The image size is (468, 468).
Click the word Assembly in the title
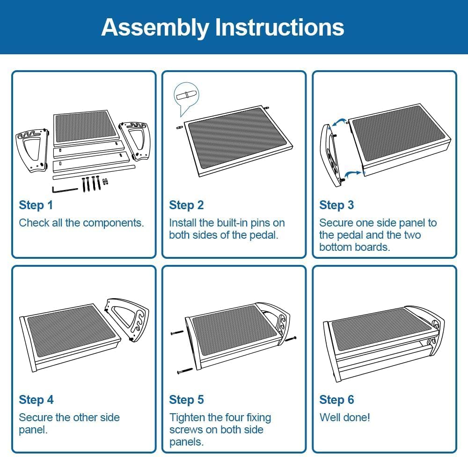[155, 28]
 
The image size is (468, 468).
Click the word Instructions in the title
[280, 27]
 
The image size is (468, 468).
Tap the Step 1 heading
[36, 205]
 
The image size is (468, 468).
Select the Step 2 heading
[186, 205]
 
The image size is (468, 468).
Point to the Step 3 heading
[336, 205]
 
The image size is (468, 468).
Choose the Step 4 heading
[36, 400]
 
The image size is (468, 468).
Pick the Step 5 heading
[186, 400]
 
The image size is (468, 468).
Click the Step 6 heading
[336, 400]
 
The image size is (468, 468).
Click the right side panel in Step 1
[135, 139]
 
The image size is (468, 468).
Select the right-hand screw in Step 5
[291, 339]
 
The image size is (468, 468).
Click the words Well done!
[345, 417]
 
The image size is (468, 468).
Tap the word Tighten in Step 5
[187, 418]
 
